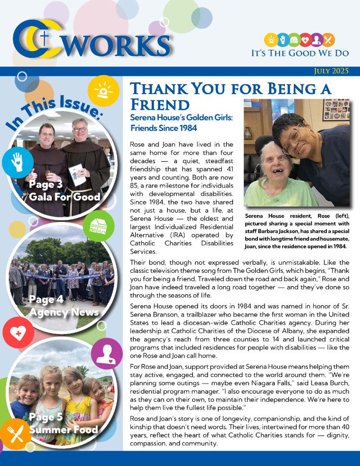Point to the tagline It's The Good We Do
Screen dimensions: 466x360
click(x=300, y=53)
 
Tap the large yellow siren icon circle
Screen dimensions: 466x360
click(x=103, y=90)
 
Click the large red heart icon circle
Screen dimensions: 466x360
click(x=18, y=334)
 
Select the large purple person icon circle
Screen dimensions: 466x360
click(x=107, y=353)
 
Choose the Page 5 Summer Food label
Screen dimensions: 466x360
click(x=63, y=423)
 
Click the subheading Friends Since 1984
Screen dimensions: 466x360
click(x=163, y=128)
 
